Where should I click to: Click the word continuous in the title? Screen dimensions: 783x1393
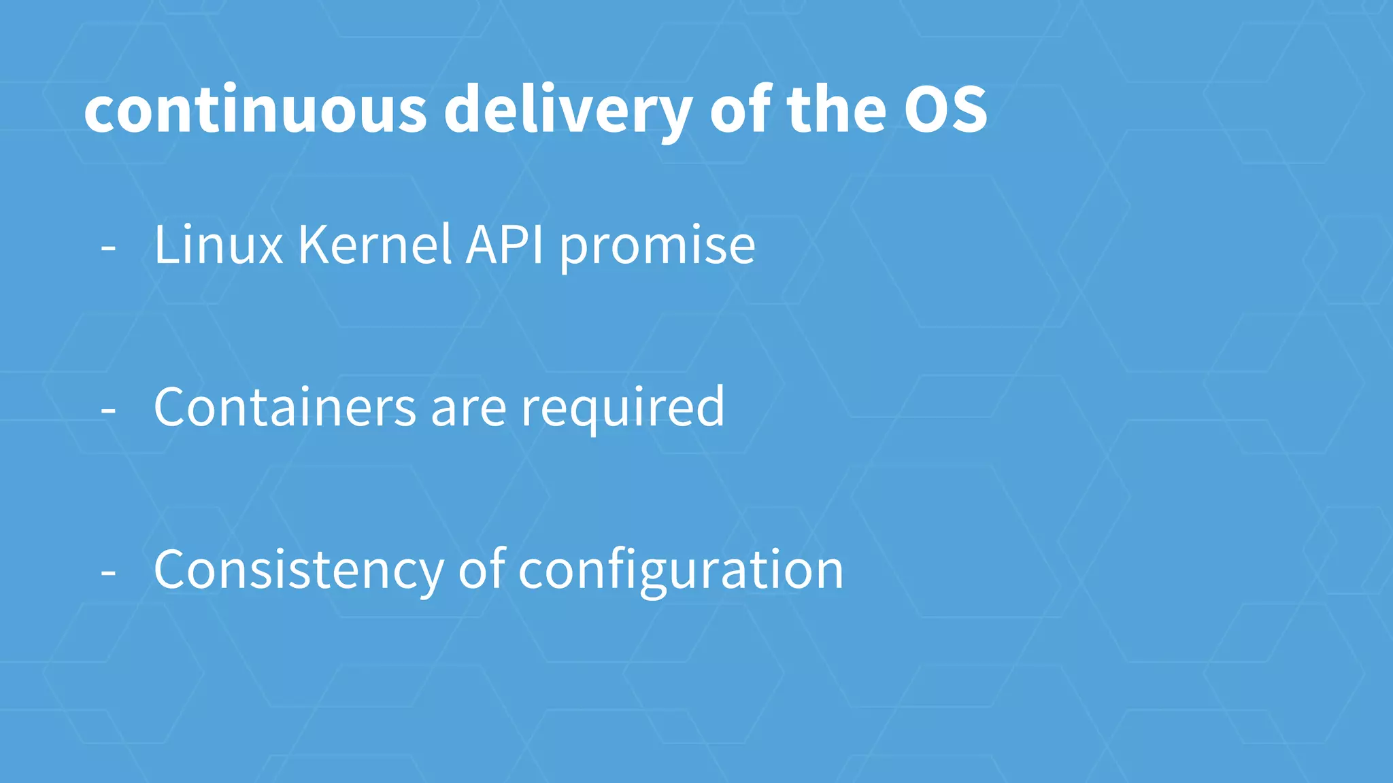pos(255,110)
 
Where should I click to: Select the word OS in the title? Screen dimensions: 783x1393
pos(945,110)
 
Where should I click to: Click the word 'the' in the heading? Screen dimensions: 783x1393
pos(837,110)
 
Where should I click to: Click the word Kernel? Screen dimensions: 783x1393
pos(375,245)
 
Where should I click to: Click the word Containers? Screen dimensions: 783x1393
pos(285,407)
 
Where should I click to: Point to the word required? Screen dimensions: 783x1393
pos(622,408)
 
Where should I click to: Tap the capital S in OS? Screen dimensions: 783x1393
pos(969,110)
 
